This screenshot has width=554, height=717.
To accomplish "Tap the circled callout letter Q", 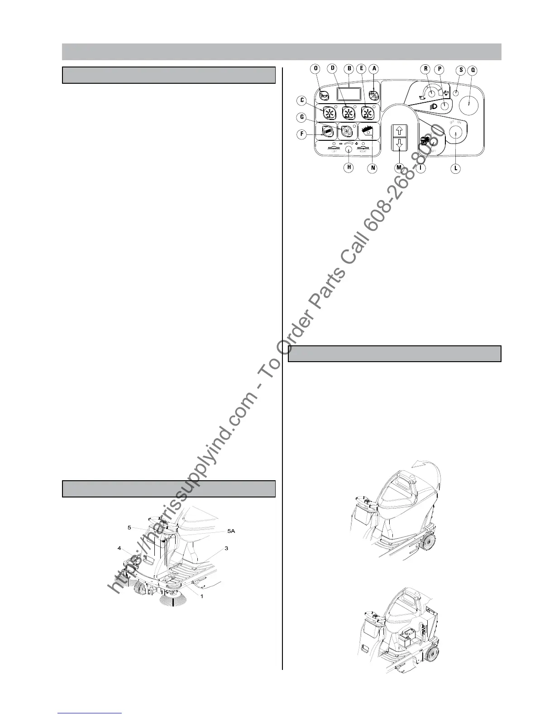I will click(x=473, y=70).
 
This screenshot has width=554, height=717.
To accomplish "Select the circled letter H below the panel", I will click(x=349, y=167).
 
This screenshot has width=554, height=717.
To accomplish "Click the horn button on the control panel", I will click(x=324, y=95).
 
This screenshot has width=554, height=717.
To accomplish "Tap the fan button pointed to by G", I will click(x=347, y=131).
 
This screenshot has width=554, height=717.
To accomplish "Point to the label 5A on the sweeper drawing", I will click(x=231, y=531).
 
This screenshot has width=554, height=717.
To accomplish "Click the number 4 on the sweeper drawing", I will click(x=119, y=548).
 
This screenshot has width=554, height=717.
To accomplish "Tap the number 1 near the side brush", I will click(x=202, y=596).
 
